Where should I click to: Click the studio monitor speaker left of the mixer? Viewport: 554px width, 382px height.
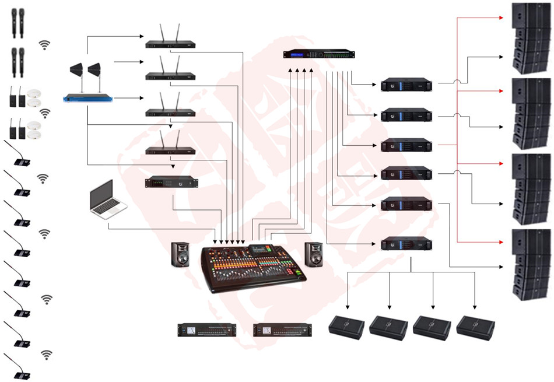click(181, 254)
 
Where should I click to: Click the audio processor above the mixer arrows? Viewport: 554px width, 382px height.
click(319, 55)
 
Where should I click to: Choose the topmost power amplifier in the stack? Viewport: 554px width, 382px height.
click(406, 85)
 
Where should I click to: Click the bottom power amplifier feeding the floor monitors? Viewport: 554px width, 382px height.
click(406, 243)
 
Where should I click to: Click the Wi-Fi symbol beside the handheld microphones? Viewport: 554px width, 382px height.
click(44, 45)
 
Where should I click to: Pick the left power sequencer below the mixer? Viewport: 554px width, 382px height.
click(207, 330)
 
